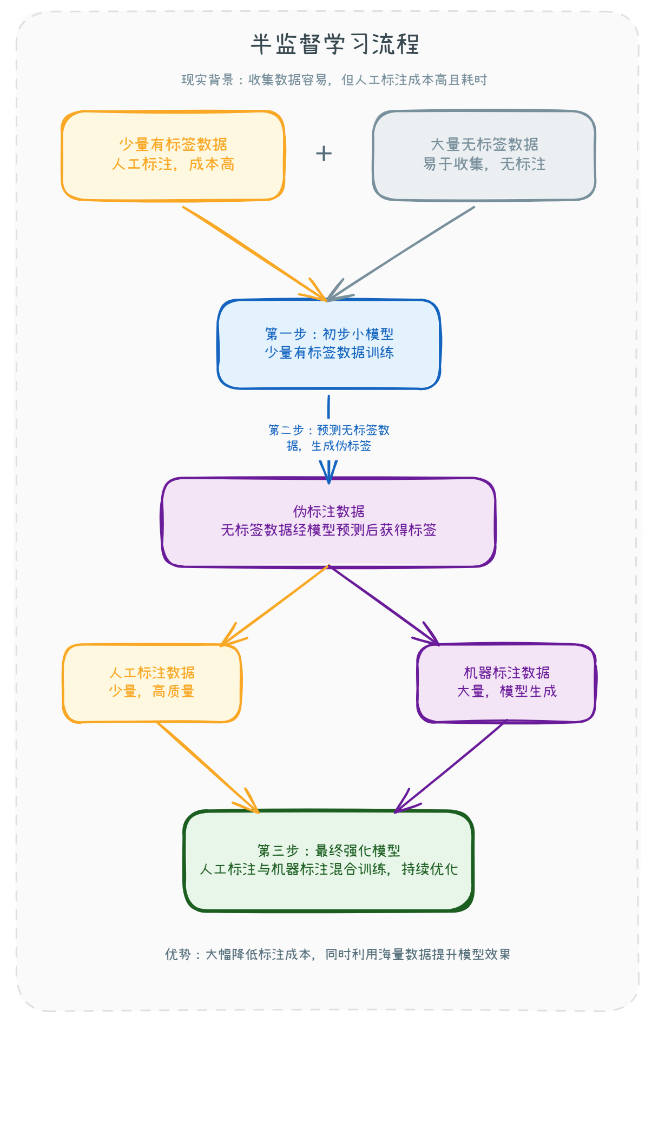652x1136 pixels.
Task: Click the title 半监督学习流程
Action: click(x=334, y=44)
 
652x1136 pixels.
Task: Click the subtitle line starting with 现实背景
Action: click(x=334, y=80)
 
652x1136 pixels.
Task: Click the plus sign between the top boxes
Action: click(x=324, y=154)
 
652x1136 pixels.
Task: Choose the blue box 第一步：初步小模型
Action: click(x=329, y=344)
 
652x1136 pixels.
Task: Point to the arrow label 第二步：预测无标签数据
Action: click(x=329, y=438)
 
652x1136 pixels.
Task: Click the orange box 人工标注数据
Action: click(x=152, y=683)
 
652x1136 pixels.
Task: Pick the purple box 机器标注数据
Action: click(x=506, y=683)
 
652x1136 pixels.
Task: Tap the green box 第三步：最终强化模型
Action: click(x=329, y=860)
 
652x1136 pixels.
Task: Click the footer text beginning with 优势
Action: click(x=338, y=954)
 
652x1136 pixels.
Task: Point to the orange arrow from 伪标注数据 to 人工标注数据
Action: click(x=276, y=605)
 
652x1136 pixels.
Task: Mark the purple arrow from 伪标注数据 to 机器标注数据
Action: click(x=383, y=605)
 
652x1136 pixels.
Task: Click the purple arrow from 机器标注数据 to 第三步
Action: click(x=452, y=766)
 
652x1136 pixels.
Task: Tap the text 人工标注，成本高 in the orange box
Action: click(x=173, y=164)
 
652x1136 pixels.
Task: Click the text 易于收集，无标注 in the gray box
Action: click(x=484, y=164)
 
